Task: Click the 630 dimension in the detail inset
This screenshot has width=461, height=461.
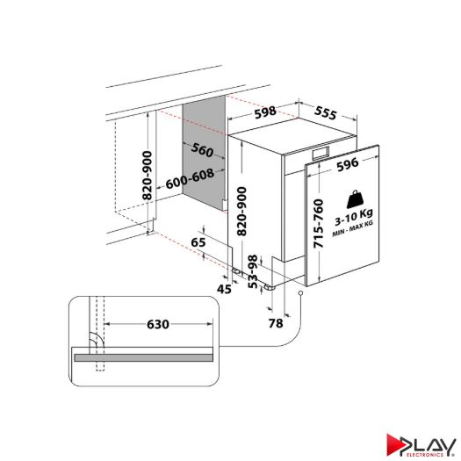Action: pos(157,324)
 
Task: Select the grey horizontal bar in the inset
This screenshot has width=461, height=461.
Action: pos(141,356)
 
